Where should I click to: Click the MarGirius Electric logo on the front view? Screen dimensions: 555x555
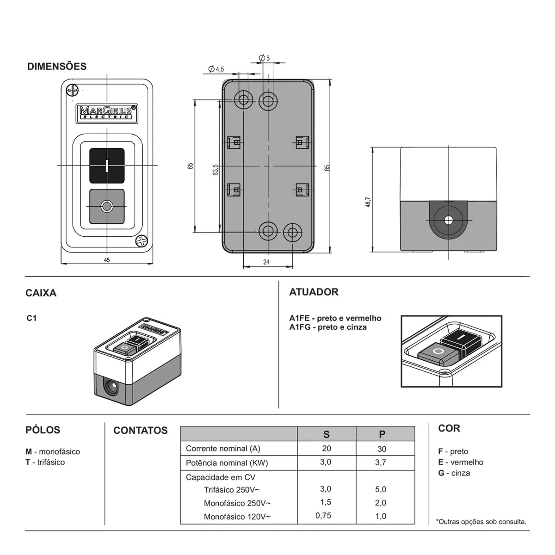[x=107, y=113]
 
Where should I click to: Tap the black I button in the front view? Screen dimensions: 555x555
[x=107, y=166]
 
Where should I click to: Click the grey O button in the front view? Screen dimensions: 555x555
[x=107, y=206]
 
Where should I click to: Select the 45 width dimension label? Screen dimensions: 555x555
[x=107, y=260]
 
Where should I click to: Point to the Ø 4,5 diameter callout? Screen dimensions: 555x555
[x=216, y=69]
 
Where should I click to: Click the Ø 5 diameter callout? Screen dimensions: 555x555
[x=264, y=58]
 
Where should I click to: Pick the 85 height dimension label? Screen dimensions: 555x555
[x=327, y=168]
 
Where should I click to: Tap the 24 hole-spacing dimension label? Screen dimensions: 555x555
[x=266, y=262]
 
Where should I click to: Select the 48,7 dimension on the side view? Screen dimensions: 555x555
[x=368, y=202]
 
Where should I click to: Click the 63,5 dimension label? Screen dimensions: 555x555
[x=215, y=170]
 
